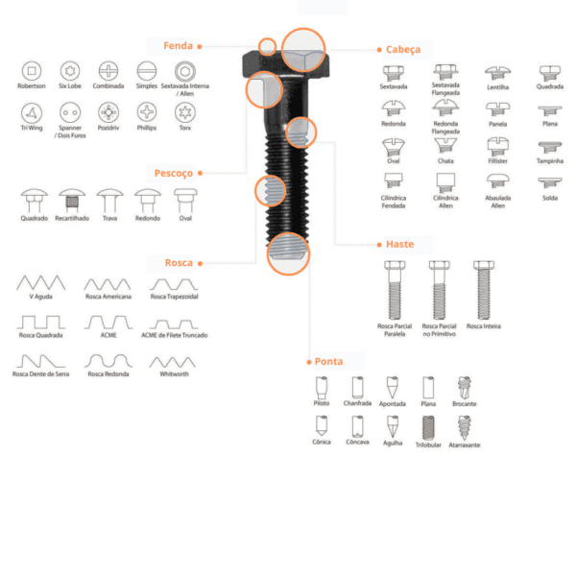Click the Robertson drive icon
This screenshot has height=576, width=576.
[32, 70]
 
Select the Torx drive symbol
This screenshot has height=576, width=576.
[185, 112]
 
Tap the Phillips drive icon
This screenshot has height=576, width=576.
[147, 112]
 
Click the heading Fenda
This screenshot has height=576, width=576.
[179, 46]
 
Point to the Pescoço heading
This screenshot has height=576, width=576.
[174, 173]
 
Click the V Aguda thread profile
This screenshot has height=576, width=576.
[40, 282]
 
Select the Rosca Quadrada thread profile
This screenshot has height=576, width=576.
[40, 322]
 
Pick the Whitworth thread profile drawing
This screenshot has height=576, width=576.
[173, 362]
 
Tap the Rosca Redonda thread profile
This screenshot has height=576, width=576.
[108, 361]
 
